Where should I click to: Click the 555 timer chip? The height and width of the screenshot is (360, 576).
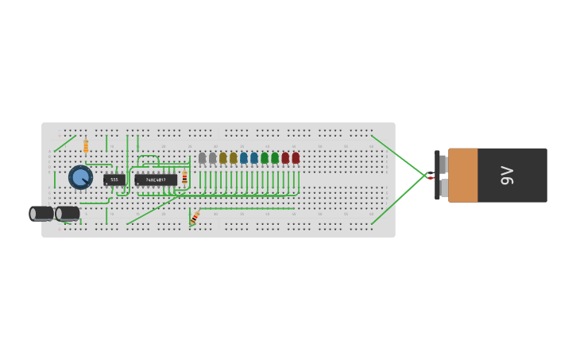114,180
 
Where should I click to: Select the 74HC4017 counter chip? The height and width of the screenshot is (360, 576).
156,180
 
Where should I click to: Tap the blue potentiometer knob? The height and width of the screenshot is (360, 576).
80,176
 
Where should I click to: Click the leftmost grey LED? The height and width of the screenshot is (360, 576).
203,158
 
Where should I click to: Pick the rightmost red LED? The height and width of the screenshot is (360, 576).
296,158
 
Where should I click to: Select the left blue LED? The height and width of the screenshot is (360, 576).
244,158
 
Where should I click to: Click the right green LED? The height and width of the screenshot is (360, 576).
275,158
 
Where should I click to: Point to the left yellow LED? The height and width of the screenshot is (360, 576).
223,158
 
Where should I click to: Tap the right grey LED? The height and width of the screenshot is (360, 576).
213,158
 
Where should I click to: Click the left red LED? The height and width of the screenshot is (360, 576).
285,158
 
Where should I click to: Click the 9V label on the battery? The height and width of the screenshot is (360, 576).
508,175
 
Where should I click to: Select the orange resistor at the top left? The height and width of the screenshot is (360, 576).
86,146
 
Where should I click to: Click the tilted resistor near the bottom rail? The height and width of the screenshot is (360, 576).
195,217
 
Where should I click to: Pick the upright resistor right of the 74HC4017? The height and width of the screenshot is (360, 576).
185,177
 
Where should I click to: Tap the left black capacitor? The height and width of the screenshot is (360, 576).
41,213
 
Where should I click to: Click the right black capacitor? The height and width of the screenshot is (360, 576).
68,213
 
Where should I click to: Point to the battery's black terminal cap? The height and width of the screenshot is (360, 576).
437,175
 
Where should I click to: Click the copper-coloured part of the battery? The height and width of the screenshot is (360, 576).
463,175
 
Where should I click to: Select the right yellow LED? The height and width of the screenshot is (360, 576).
234,158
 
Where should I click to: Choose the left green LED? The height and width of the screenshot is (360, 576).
265,158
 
